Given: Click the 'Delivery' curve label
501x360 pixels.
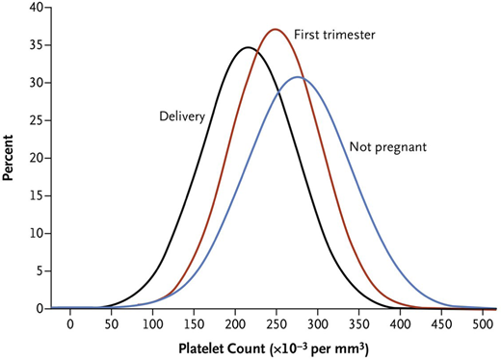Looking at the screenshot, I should pyautogui.click(x=182, y=116).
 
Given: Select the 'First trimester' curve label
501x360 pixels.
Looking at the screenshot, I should pyautogui.click(x=332, y=34).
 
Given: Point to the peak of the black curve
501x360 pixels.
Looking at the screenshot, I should pyautogui.click(x=248, y=47).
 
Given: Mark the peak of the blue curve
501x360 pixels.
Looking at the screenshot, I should pyautogui.click(x=298, y=77).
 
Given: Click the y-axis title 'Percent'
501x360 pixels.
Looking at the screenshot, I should pyautogui.click(x=10, y=156).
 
